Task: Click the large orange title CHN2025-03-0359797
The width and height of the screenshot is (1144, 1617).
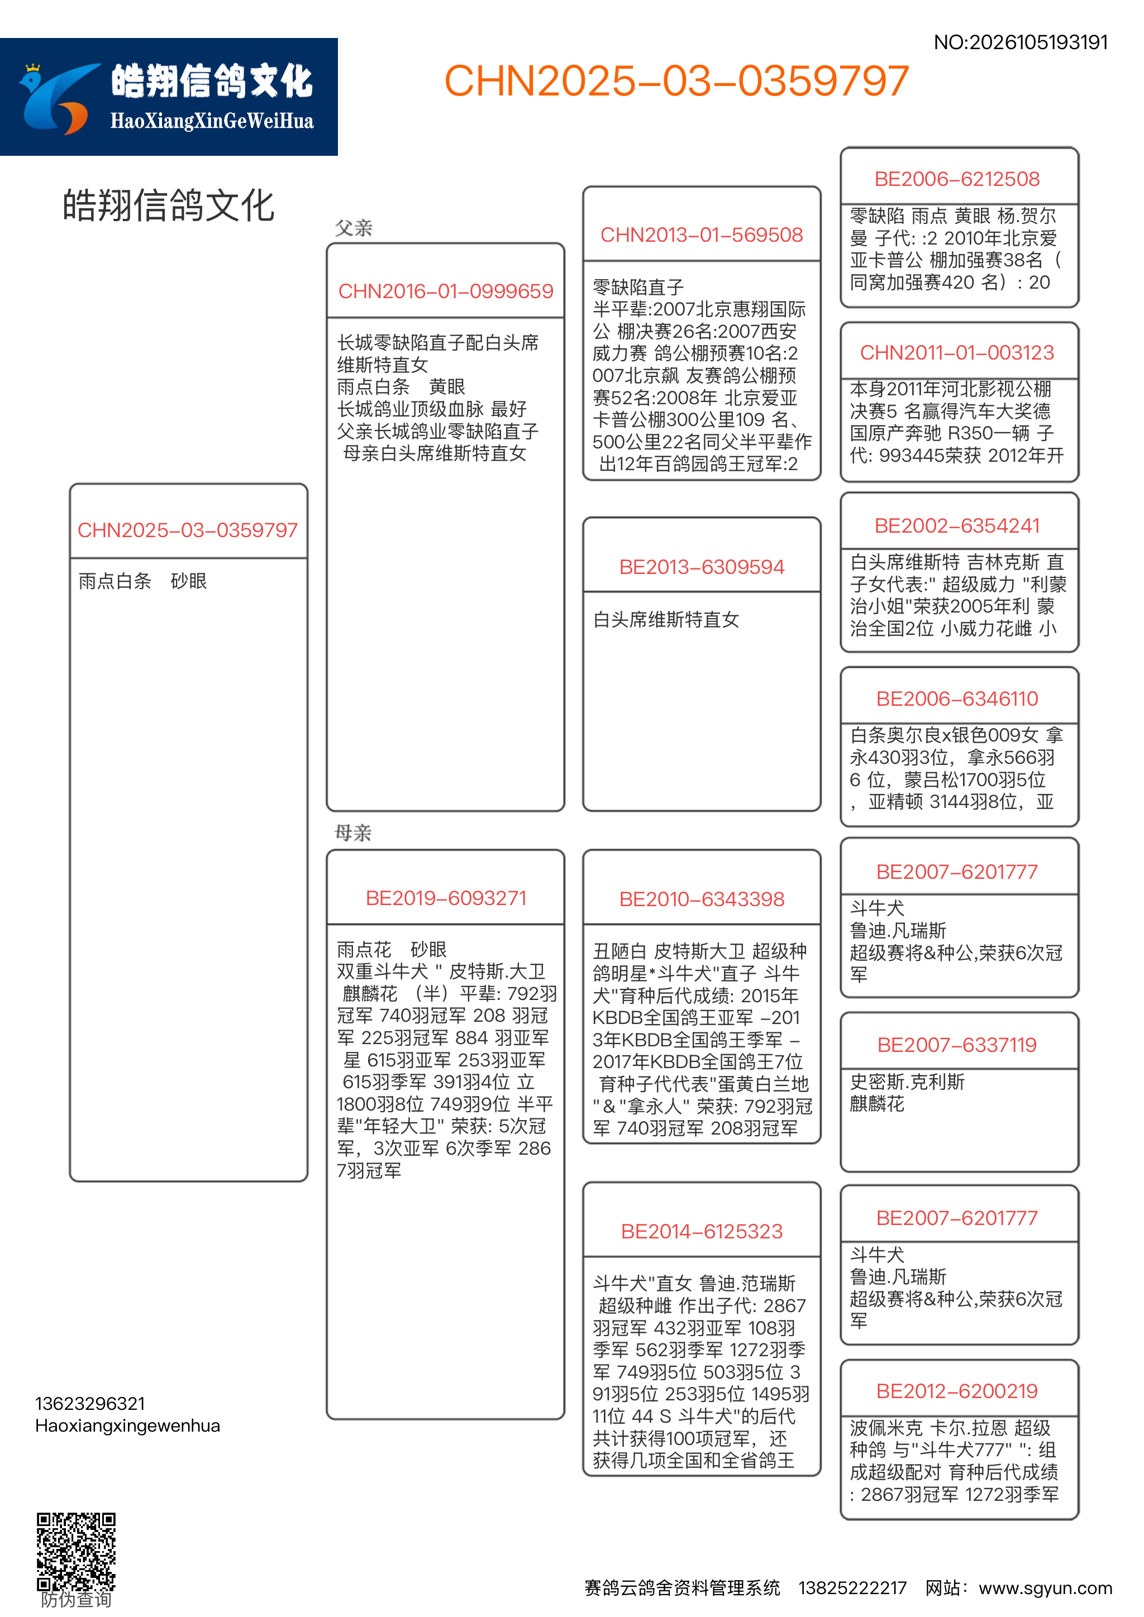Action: (676, 81)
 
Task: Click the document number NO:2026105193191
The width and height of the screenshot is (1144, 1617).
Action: (1020, 42)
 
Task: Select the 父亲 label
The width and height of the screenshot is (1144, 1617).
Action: (354, 228)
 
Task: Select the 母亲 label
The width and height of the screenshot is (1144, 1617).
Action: (353, 833)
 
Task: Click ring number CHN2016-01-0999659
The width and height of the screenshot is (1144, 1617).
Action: (446, 291)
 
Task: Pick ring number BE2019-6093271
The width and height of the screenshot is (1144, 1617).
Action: (446, 898)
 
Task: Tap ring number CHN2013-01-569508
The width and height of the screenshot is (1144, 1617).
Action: (702, 235)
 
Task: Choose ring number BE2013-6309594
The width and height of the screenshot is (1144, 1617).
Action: (702, 567)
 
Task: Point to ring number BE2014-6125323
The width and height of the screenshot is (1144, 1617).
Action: (702, 1231)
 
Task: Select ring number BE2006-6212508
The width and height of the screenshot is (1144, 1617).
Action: (957, 179)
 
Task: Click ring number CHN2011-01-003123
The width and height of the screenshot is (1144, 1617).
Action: (957, 352)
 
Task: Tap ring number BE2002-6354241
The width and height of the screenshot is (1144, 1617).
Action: (957, 525)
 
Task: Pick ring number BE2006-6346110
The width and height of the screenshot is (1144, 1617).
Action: (957, 699)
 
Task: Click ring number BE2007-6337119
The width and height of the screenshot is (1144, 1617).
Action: (957, 1045)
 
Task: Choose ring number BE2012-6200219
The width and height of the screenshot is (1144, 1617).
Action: (957, 1391)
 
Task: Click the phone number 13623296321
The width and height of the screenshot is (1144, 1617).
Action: (90, 1404)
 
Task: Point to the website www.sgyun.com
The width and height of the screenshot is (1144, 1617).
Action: (1045, 1588)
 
